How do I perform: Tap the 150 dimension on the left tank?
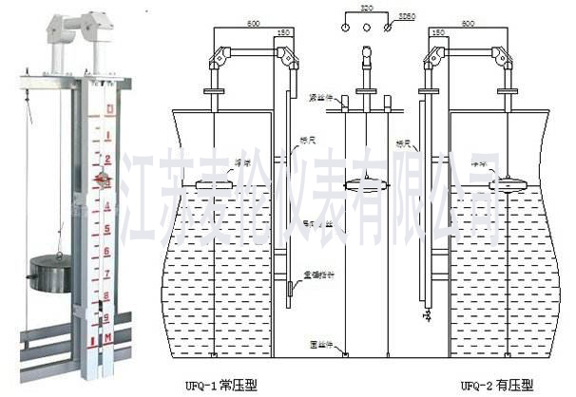pyautogui.click(x=282, y=35)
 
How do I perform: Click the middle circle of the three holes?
pyautogui.click(x=366, y=28)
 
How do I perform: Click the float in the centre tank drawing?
pyautogui.click(x=365, y=185)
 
